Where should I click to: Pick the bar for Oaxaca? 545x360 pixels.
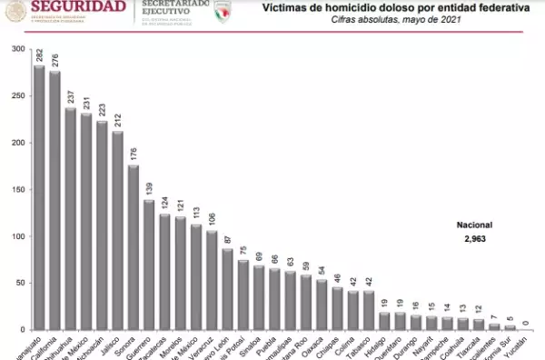coord(322,305)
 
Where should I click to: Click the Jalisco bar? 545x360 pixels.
coord(118,231)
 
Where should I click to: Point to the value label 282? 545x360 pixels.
coord(39,56)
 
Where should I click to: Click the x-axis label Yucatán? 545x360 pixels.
coord(519,345)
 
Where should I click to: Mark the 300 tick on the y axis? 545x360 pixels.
coord(18,48)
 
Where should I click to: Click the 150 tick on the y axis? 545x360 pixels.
coord(18,190)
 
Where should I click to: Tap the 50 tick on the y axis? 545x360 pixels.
coord(20,284)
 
